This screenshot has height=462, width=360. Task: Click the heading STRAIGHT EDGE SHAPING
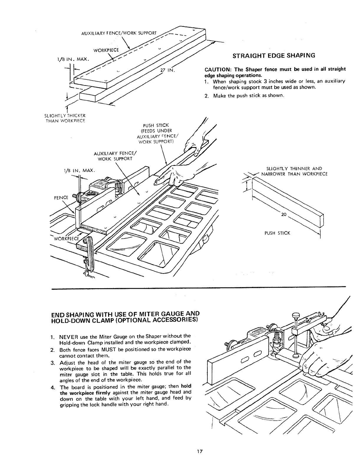coord(274,55)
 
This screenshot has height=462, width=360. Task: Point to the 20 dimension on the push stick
coord(284,214)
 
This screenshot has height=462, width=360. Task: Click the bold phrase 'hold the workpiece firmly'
coord(75,393)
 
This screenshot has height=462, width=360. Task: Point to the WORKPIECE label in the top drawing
coord(106,49)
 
